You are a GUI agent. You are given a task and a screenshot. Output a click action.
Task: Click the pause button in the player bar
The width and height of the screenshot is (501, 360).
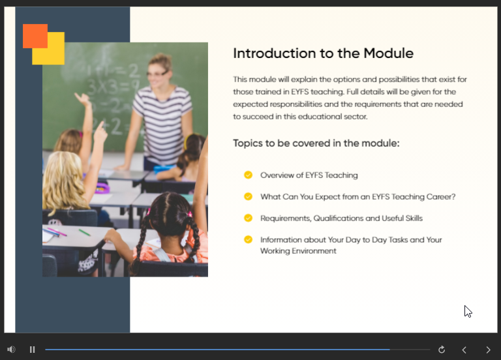tap(32, 350)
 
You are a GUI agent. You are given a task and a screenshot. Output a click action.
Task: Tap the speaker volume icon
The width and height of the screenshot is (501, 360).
tap(11, 350)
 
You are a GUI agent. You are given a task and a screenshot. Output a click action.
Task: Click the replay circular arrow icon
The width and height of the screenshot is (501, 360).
tap(442, 350)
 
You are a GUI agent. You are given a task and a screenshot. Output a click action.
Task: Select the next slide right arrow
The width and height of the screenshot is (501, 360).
tap(488, 350)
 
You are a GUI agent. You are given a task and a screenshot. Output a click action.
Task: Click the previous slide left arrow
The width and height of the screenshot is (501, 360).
tap(464, 350)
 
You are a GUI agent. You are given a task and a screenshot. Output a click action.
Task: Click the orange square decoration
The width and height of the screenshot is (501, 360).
tap(35, 36)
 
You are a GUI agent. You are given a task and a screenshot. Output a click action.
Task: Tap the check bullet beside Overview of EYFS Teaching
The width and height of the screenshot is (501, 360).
tap(248, 175)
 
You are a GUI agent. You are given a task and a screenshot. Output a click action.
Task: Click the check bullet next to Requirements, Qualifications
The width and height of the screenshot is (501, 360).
tap(248, 218)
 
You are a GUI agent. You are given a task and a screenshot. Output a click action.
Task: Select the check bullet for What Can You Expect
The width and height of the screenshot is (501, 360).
tap(248, 196)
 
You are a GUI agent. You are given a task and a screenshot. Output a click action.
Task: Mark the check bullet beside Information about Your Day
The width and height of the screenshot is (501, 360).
tap(248, 239)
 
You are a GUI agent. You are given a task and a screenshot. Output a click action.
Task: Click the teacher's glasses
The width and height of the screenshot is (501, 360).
tap(157, 74)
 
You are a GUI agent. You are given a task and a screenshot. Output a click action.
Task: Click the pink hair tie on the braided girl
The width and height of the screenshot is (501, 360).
tap(149, 211)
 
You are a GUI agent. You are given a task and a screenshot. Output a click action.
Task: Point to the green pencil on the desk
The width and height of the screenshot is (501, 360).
tap(84, 232)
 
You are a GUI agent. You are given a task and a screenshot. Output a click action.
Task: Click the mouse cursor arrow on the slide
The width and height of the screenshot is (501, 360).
tap(468, 311)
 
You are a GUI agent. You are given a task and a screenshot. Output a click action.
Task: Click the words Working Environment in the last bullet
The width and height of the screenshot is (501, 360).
tap(298, 250)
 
